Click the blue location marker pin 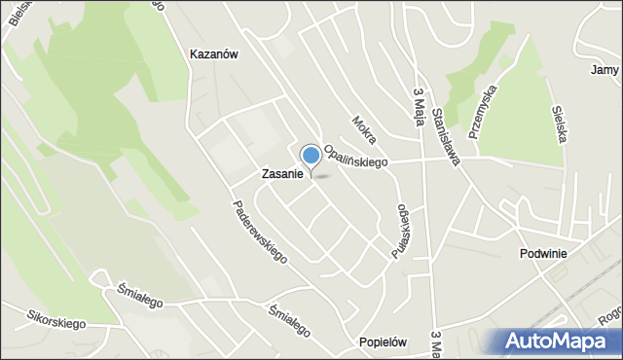click(311, 157)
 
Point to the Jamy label click(605, 70)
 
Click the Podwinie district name click(542, 253)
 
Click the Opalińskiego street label click(355, 156)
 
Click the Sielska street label click(559, 125)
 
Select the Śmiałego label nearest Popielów click(291, 319)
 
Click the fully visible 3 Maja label click(420, 101)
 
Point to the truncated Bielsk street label click(13, 17)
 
